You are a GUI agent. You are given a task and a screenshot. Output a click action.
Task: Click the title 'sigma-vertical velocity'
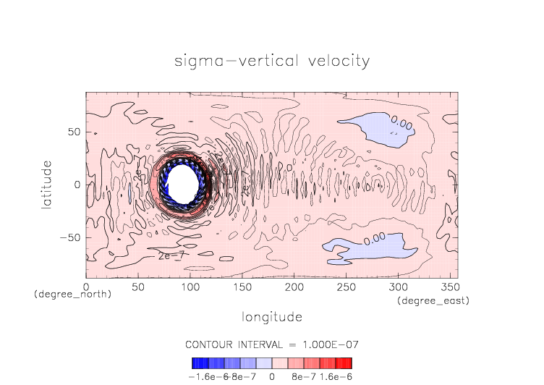point(271,60)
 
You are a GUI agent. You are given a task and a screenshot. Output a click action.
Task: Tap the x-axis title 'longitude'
point(271,317)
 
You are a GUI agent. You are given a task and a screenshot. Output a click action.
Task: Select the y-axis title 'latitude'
point(46,185)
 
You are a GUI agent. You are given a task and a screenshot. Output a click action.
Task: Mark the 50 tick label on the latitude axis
point(72,132)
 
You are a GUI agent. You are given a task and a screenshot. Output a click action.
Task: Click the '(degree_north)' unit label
point(72,295)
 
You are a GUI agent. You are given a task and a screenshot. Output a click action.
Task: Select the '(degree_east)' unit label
point(432,300)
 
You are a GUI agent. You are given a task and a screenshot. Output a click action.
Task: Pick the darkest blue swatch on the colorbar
point(195,363)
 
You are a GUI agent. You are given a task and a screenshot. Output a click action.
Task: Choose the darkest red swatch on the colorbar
point(348,363)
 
